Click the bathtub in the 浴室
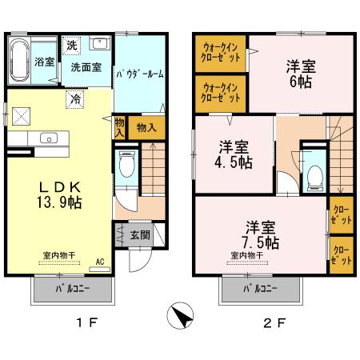[x=19, y=62]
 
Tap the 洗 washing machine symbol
[x=71, y=46]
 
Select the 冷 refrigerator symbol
[x=75, y=99]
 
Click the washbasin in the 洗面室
[x=100, y=42]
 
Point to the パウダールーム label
[x=140, y=74]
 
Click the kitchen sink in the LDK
[x=49, y=138]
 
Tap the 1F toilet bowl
[x=127, y=164]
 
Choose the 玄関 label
[x=140, y=235]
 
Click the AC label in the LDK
[x=100, y=262]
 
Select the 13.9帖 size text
[x=59, y=202]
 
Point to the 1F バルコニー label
[x=73, y=289]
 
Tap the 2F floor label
[x=274, y=323]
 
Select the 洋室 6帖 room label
[x=301, y=74]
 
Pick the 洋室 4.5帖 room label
[x=234, y=154]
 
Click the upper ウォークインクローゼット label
[x=220, y=53]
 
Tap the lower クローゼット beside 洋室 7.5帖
[x=342, y=255]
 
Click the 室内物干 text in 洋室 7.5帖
[x=247, y=255]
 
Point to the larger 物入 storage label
[x=146, y=128]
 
